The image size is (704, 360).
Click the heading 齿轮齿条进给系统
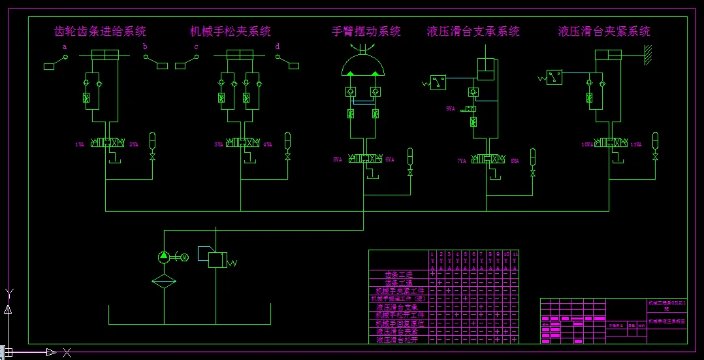(100, 31)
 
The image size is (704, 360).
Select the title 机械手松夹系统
(230, 31)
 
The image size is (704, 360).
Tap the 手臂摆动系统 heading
(366, 31)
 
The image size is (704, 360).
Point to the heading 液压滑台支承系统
(473, 31)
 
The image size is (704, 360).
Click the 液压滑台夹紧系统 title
(604, 31)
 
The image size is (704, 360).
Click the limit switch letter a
(65, 47)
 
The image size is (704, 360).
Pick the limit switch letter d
(278, 47)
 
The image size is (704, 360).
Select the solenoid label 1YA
(80, 144)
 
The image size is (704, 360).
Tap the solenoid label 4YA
(268, 144)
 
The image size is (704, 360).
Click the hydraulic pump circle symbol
(163, 257)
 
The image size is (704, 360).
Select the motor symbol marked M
(184, 257)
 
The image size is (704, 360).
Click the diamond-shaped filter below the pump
(163, 282)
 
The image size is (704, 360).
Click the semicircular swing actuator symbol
(366, 64)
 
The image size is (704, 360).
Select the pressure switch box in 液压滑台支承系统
(438, 82)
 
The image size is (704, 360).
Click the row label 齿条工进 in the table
(400, 274)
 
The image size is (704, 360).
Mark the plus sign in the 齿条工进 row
(432, 274)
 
